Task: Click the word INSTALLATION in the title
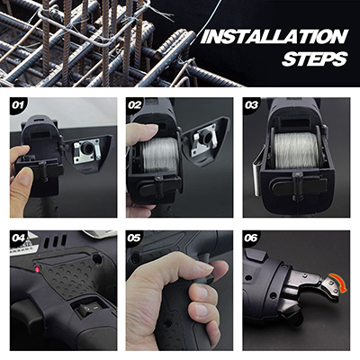point(274,37)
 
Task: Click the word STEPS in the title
point(315,59)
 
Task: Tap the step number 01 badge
point(18,105)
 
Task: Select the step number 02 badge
point(134,105)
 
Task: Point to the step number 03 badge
point(251,105)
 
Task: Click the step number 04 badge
point(18,238)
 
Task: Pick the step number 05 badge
point(134,238)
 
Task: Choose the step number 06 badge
point(251,238)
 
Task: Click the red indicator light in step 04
point(38,269)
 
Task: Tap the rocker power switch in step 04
point(88,310)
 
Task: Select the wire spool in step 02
point(159,155)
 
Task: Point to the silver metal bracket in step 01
point(87,150)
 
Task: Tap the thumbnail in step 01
point(25,176)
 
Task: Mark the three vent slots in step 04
point(56,240)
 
